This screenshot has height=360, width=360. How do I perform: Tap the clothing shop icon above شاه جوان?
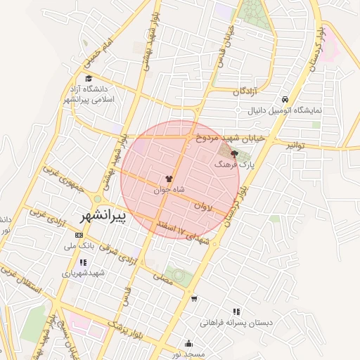coord(169,179)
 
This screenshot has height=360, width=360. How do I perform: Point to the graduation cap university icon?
coord(89,79)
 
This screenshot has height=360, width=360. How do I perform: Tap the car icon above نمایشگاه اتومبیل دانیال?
coord(284,100)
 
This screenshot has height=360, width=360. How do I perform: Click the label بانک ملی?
coord(79,246)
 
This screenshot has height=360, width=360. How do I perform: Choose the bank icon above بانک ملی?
coord(79,235)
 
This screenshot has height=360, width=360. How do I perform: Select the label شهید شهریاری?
coord(83,273)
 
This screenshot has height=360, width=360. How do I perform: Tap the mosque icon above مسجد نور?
coord(188,343)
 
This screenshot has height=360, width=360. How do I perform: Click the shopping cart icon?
coord(194,298)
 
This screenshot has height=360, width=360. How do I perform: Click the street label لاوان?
coord(202,207)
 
